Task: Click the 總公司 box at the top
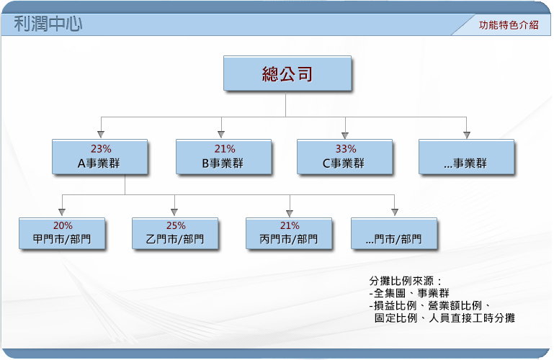(287, 73)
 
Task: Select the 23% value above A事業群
(101, 149)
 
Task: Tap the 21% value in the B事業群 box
(225, 149)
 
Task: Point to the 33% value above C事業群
(346, 149)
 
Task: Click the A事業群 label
(99, 163)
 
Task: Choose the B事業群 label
(223, 163)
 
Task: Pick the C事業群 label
(344, 163)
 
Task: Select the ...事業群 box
(466, 157)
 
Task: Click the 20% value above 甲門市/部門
(63, 225)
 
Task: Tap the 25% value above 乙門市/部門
(176, 225)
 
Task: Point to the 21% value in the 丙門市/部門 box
(290, 225)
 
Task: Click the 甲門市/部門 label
(62, 239)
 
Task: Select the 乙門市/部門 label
(175, 239)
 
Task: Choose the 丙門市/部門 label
(289, 239)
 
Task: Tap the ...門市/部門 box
(394, 234)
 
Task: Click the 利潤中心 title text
(48, 24)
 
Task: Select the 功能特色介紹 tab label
(509, 25)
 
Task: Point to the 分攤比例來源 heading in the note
(401, 281)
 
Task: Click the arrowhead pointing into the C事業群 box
(345, 135)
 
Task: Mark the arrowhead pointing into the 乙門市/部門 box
(174, 212)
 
